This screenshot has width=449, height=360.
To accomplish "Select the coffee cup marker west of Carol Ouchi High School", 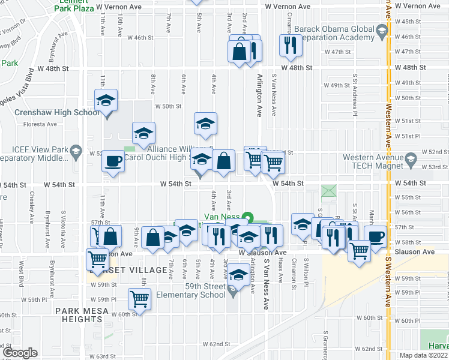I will (x=113, y=161).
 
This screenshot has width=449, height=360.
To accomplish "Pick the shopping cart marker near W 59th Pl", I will (x=140, y=298).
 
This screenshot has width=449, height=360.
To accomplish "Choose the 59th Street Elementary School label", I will (x=190, y=290).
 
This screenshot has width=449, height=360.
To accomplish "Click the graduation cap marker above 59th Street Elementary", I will (x=239, y=276).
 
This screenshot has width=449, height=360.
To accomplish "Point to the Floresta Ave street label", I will (x=40, y=125).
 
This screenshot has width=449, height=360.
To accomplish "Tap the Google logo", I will (x=19, y=353).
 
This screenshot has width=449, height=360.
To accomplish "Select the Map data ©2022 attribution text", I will (x=423, y=355).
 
